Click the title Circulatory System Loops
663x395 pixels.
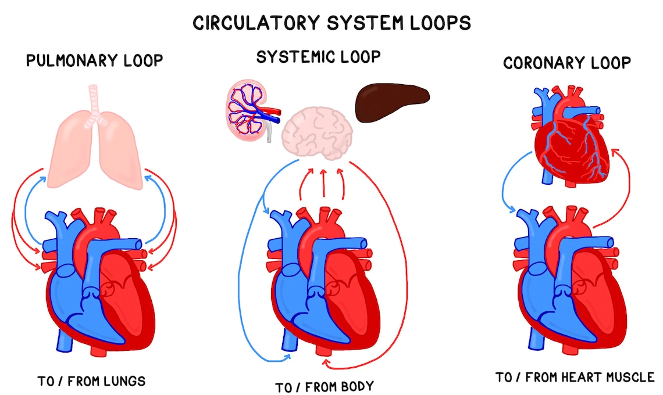(x=331, y=23)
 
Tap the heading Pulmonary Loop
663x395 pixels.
(x=95, y=60)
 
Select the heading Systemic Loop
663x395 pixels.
(x=319, y=57)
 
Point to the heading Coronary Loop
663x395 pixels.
(x=567, y=63)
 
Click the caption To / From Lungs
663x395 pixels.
(x=91, y=382)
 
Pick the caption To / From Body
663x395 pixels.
(x=325, y=386)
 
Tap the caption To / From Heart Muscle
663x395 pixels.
(x=575, y=378)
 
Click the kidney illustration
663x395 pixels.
(x=249, y=110)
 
